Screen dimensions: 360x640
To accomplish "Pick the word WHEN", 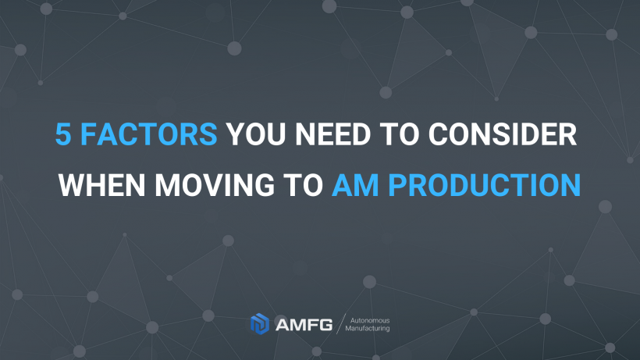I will [x=105, y=185].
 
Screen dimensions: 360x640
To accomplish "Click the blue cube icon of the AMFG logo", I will [x=259, y=324].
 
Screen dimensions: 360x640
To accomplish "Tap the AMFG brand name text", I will [x=302, y=324].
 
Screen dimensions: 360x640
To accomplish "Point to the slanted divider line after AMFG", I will [x=339, y=324].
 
